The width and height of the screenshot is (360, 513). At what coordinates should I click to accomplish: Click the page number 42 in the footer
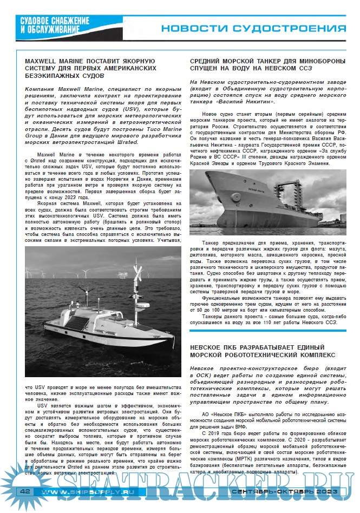(24, 491)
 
